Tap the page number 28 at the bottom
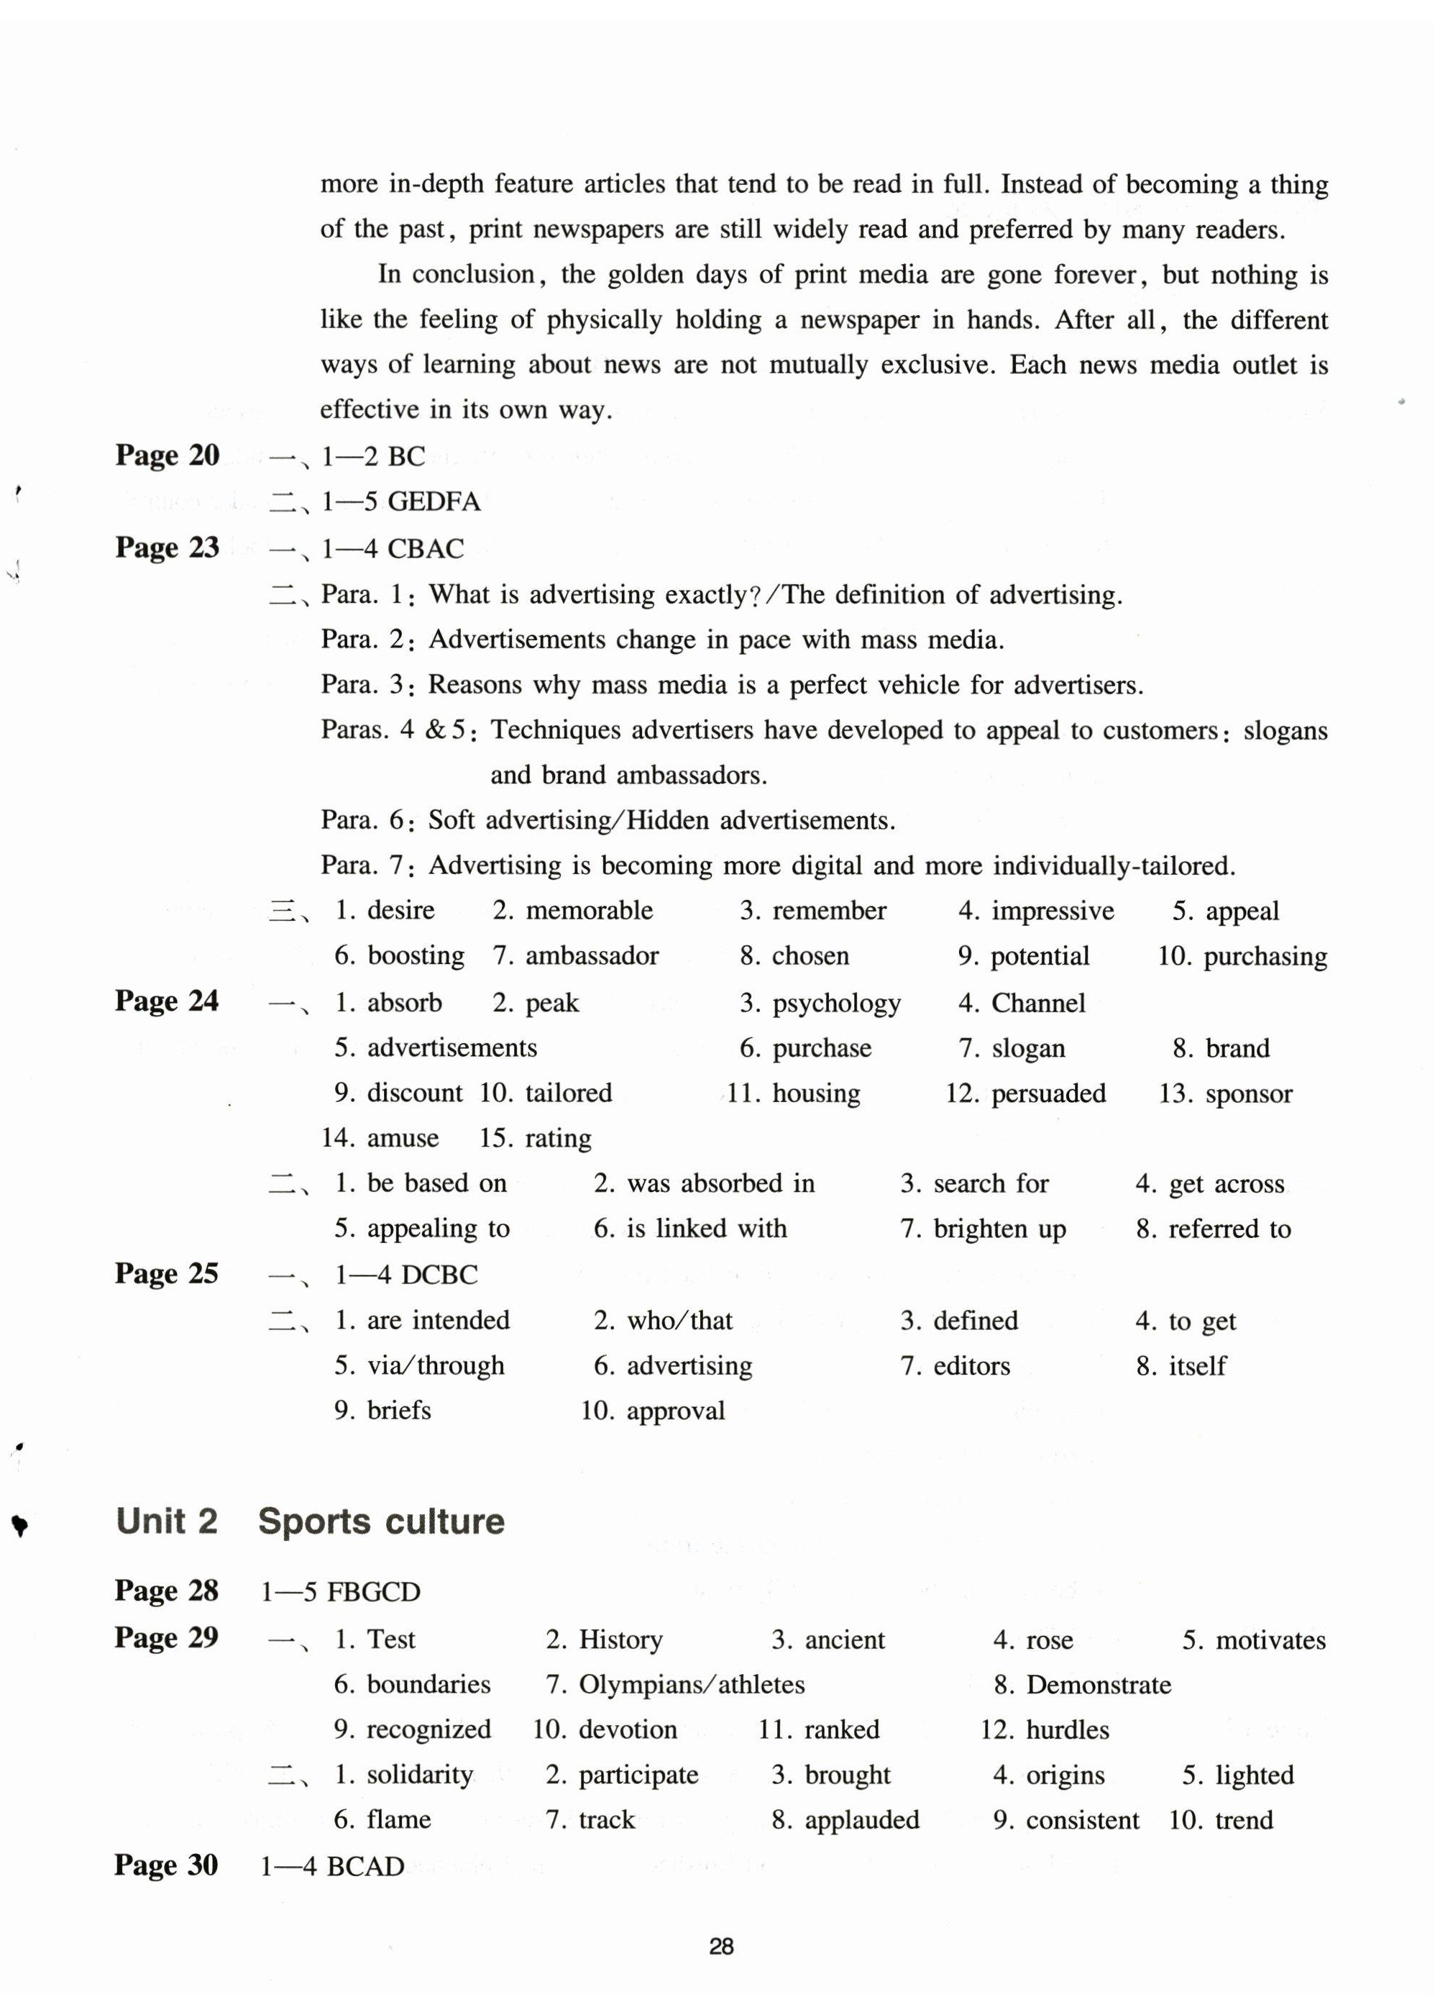[x=721, y=1947]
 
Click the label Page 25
[x=166, y=1273]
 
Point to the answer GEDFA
[x=434, y=502]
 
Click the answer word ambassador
[x=592, y=956]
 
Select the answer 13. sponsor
[x=1226, y=1093]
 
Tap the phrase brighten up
[x=999, y=1229]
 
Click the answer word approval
[x=676, y=1411]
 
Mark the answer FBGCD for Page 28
[x=374, y=1591]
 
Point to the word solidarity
[x=419, y=1775]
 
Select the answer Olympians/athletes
[x=692, y=1685]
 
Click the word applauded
[x=861, y=1821]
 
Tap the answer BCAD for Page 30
[x=365, y=1866]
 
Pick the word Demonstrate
[x=1099, y=1685]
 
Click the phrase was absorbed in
[x=720, y=1183]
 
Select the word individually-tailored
[x=1114, y=865]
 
